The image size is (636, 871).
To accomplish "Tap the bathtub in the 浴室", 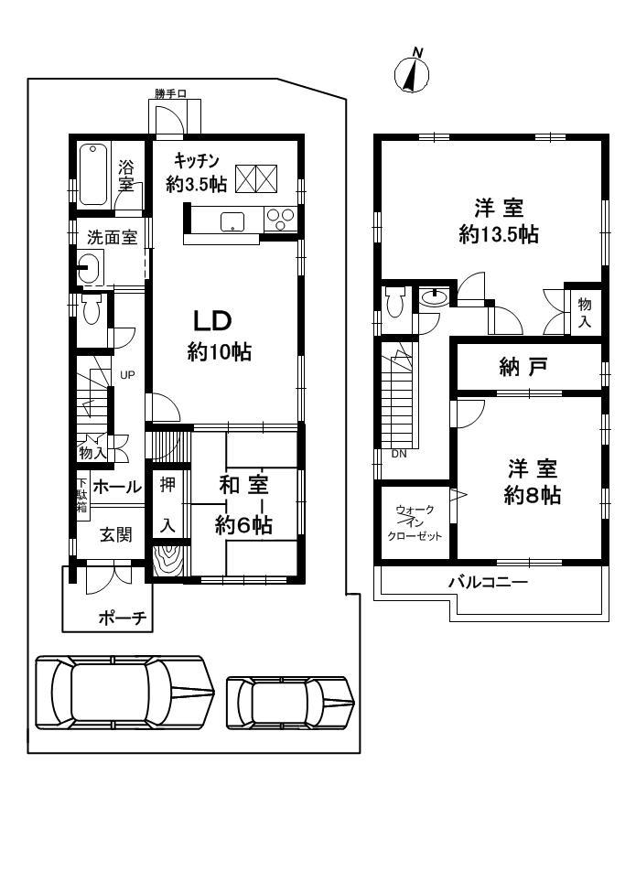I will coord(93,175).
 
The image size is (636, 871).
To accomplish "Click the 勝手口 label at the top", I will coord(170,93).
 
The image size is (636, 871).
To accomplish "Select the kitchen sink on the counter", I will coord(232,220).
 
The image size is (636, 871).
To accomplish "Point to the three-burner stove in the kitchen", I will coord(280,219).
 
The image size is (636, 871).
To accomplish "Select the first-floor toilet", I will coord(91,309).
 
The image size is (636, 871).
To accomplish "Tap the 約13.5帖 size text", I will coord(498,234).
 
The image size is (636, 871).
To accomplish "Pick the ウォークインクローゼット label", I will coord(416,522).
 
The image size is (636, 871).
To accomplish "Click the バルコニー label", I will coord(488,582).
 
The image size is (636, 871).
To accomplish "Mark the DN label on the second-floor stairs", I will coord(399,453).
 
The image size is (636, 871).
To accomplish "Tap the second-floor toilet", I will coord(395,302).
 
